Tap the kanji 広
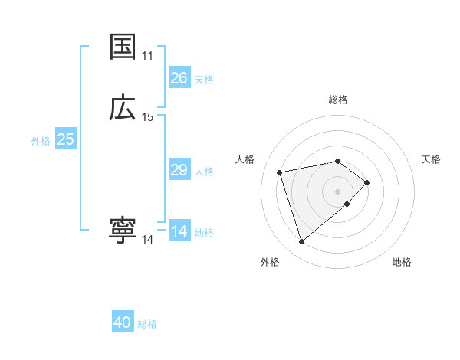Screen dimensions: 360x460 123,109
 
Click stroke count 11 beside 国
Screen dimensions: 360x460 148,56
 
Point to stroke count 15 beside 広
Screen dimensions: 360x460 148,117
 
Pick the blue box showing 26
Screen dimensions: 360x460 179,78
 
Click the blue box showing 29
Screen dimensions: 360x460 179,170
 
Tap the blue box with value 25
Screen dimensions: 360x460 66,139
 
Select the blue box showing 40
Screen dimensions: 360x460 123,323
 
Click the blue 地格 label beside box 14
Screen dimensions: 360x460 204,233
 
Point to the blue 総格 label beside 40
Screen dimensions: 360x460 147,324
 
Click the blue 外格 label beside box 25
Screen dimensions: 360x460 41,141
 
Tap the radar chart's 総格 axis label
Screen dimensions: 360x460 338,100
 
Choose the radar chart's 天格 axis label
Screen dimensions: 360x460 431,159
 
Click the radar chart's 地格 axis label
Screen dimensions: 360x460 402,262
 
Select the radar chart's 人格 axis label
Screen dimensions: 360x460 245,159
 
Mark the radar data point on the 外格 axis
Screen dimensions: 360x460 302,242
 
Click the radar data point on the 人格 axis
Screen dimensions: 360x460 280,172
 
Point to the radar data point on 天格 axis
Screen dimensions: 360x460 367,182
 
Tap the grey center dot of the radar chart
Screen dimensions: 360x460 338,190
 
